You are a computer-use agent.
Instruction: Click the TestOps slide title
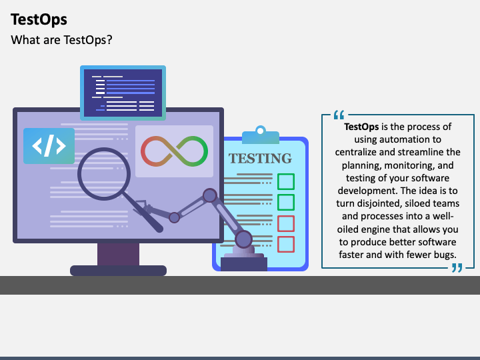tap(39, 20)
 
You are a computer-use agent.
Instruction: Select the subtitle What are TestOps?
tap(61, 40)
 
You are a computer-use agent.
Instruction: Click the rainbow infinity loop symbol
tap(175, 151)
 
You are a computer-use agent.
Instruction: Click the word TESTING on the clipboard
tap(260, 159)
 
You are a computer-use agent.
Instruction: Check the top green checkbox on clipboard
tap(286, 181)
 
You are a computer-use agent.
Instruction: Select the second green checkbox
tap(286, 202)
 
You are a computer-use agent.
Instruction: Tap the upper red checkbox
tap(286, 223)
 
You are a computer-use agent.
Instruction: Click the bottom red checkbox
tap(286, 244)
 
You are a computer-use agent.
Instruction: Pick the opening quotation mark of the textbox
tap(338, 115)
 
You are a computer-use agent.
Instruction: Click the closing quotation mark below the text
tap(457, 267)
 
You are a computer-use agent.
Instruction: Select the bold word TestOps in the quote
tap(361, 127)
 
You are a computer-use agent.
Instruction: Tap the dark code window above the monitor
tap(123, 92)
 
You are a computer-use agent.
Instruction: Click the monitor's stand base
tap(118, 270)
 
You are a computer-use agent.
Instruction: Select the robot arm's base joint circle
tap(244, 238)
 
